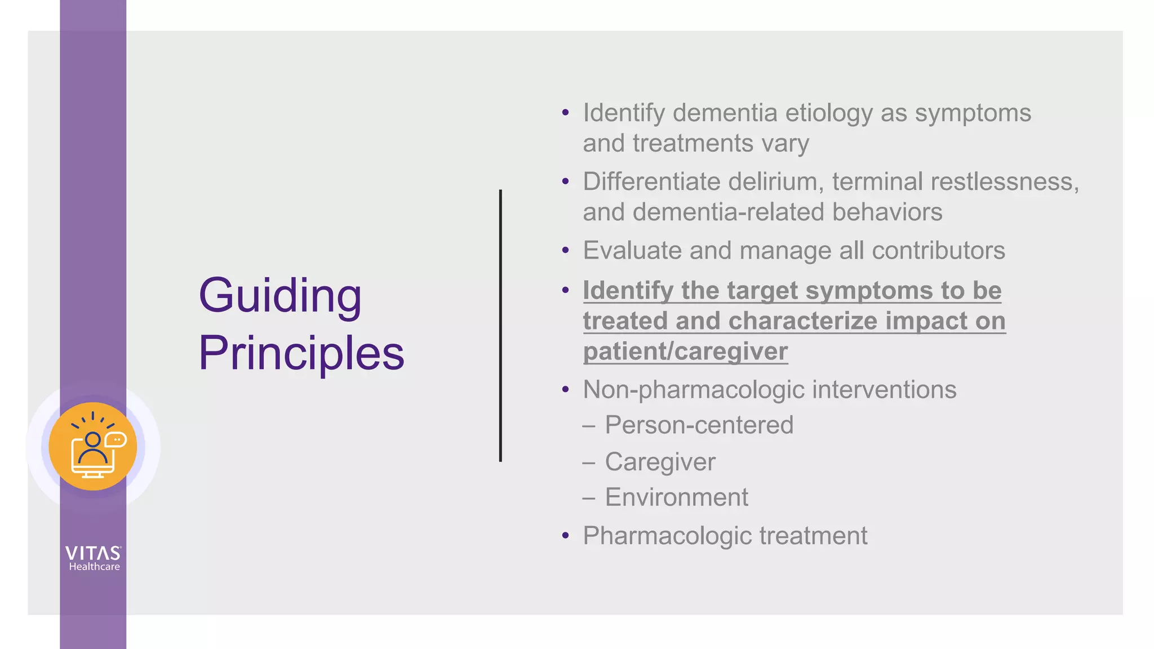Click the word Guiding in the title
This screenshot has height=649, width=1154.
(280, 296)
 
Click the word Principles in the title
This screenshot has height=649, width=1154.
(301, 353)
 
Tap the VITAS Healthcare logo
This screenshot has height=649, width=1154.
(93, 558)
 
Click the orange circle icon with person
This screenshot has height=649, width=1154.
(93, 446)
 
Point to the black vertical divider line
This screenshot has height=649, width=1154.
(500, 326)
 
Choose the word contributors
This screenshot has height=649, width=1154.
(938, 251)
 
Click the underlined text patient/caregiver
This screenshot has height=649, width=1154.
(685, 352)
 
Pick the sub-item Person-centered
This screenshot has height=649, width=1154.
(699, 425)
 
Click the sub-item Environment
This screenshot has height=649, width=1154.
(676, 497)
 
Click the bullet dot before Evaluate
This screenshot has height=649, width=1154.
(566, 250)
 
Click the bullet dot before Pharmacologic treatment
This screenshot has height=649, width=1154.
(566, 536)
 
